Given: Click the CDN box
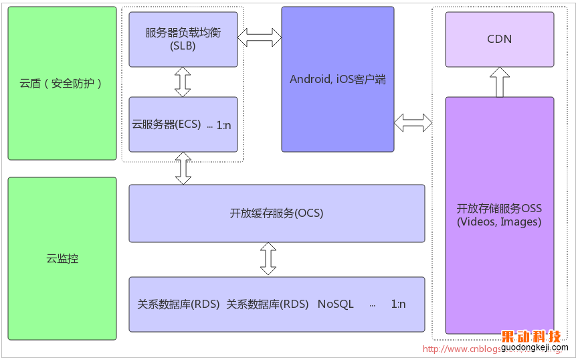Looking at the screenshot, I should pos(500,39).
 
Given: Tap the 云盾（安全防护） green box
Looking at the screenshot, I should pos(62,84).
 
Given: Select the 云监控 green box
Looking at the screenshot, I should pos(62,258).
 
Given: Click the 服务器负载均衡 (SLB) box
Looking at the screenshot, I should pos(183,39).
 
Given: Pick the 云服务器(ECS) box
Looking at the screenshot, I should pos(183,124).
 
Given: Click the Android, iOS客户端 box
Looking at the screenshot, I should pos(338,79).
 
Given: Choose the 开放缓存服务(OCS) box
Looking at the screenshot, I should pos(276,213).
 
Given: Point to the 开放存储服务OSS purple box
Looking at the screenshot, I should pos(500,215).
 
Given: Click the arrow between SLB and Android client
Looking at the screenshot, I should pos(260,37).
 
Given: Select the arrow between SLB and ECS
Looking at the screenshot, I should pos(183,82).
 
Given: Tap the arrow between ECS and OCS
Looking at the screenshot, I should pos(183,168).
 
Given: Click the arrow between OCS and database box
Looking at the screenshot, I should pos(268,259).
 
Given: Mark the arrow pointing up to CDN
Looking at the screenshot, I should pos(500,82).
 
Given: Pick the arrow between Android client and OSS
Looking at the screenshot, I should pos(413,122).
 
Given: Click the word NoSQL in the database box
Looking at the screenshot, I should pos(336,304).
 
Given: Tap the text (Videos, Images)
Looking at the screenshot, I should pos(499,222).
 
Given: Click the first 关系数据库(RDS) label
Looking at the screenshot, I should pos(178,304).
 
